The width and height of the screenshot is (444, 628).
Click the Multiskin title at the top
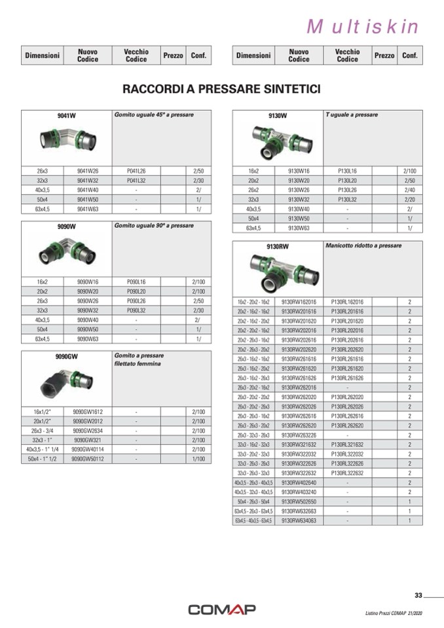[362, 26]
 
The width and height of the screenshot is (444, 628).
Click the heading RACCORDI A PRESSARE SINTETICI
[221, 88]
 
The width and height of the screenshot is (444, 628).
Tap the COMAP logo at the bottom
[222, 610]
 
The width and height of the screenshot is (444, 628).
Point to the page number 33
[418, 595]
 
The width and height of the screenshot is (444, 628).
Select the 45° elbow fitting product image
[67, 138]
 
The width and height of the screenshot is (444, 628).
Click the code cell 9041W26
[88, 170]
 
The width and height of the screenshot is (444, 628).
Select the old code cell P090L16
[136, 281]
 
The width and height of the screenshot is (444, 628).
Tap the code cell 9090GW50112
[88, 460]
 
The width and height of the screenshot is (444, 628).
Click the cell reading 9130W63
[299, 228]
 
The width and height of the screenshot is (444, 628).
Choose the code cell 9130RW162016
[299, 303]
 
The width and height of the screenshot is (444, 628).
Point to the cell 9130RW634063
[299, 521]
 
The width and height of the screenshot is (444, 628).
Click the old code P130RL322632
[347, 472]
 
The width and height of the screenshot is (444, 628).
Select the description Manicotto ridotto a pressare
[363, 246]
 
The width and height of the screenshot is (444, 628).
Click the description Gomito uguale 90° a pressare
[155, 225]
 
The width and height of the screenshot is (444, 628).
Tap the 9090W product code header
[67, 227]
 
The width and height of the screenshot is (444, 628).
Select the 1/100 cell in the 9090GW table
[198, 460]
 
